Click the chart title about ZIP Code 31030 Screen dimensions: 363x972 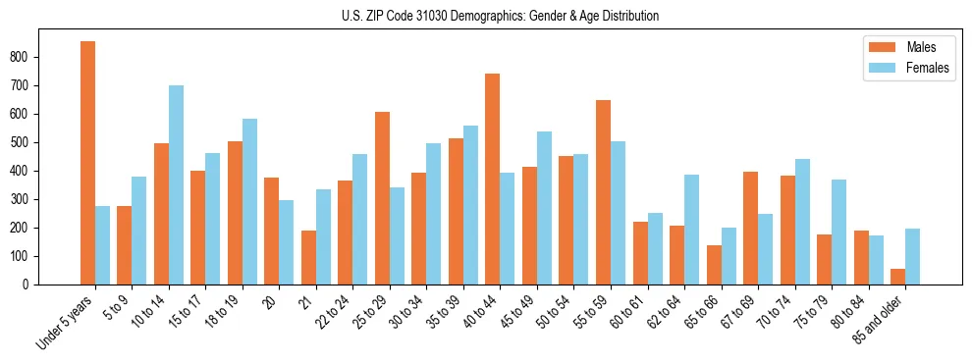[x=486, y=16]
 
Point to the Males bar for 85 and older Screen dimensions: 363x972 [x=897, y=277]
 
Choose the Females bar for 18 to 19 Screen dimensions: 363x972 [x=249, y=201]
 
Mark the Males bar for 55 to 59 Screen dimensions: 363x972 [x=603, y=192]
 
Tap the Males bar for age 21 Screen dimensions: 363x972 [x=308, y=257]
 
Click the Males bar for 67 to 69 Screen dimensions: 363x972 [x=750, y=228]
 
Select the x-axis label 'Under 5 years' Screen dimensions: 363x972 [x=66, y=321]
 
